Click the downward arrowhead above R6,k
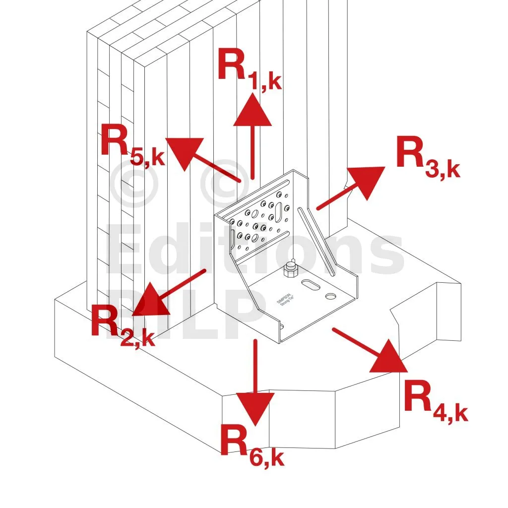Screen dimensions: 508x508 coord(255,407)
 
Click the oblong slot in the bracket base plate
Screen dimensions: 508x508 coord(311,286)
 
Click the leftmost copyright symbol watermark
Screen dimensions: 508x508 coord(135,182)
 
